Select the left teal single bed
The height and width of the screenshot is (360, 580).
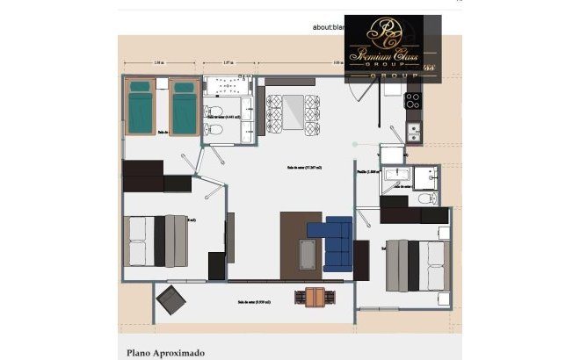coord(141,107)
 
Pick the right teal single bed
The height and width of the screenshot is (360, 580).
coord(183,107)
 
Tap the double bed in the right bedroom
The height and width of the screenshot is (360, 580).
coord(417,264)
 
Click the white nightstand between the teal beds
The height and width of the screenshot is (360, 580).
coord(162,87)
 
